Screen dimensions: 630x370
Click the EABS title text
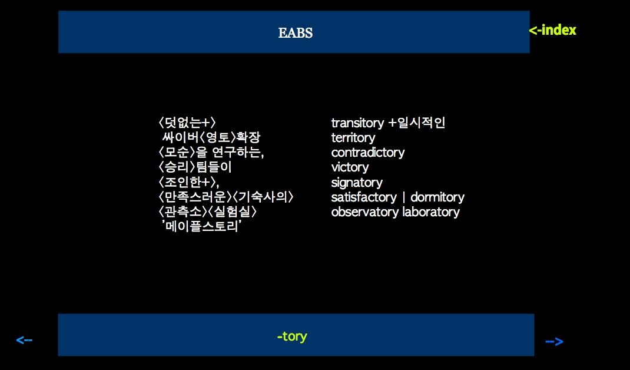[x=296, y=32]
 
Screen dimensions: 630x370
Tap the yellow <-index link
[x=552, y=30]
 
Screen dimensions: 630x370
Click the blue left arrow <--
[x=24, y=340]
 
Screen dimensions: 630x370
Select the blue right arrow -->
[x=554, y=342]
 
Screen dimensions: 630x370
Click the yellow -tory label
[x=292, y=336]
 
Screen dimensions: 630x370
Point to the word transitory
[x=357, y=123]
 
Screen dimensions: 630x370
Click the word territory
[x=353, y=138]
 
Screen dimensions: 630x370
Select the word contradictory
[x=367, y=153]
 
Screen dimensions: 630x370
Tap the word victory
[x=350, y=167]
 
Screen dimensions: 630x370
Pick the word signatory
[x=357, y=183]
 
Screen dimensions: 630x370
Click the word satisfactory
[x=364, y=197]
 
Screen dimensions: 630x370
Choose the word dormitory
[x=437, y=197]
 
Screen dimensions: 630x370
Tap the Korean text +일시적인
[x=417, y=123]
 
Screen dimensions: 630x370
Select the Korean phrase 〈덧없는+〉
[x=187, y=123]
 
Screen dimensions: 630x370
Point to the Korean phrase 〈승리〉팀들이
[x=195, y=167]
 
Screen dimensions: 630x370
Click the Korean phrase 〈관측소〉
[x=183, y=212]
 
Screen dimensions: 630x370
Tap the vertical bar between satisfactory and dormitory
[x=403, y=197]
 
